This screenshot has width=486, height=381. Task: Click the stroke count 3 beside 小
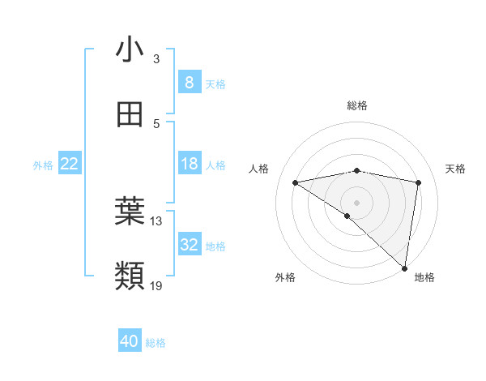156,59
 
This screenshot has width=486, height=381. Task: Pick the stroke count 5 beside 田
156,124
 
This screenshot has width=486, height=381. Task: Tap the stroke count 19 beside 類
156,286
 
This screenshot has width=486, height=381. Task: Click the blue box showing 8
189,83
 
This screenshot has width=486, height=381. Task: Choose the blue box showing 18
189,164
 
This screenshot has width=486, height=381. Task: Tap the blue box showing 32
189,245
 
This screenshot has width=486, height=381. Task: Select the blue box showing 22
70,164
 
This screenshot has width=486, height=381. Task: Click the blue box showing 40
130,341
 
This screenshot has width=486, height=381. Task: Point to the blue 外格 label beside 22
43,165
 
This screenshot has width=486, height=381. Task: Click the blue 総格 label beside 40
156,343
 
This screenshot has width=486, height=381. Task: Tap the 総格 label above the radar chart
357,105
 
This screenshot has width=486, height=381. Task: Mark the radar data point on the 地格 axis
404,268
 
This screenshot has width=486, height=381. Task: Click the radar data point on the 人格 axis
296,182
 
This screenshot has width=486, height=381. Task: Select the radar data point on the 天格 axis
419,182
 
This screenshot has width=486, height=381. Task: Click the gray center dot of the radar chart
357,202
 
